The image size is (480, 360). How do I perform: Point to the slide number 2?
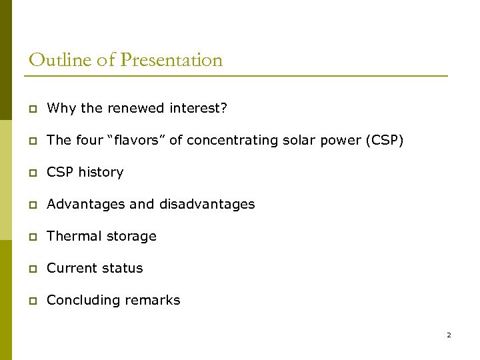(x=449, y=335)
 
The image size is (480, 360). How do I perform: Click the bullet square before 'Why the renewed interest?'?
(x=33, y=109)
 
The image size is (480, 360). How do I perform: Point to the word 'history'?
(x=101, y=172)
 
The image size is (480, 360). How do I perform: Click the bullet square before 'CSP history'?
(x=33, y=173)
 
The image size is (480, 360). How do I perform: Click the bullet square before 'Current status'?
(x=33, y=269)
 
